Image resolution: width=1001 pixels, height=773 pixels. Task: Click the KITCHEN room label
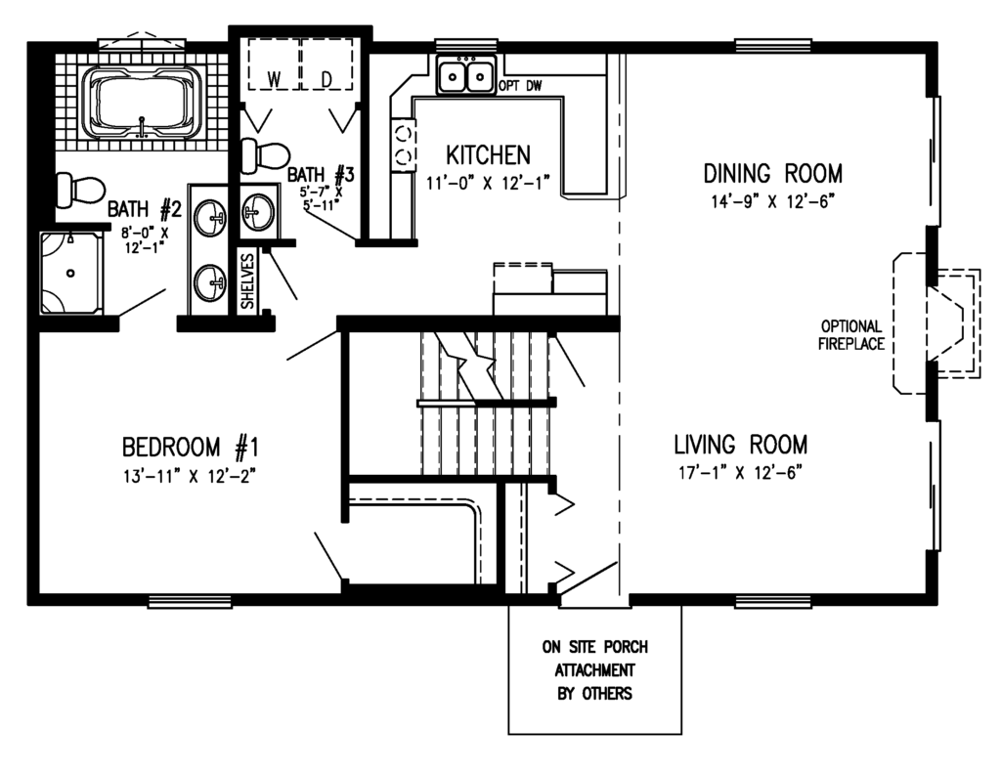[x=488, y=155]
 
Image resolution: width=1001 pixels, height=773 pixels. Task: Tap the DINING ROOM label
[x=772, y=174]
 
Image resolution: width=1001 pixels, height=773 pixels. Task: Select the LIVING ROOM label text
[x=740, y=445]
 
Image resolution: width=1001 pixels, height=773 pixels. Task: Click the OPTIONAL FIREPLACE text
[x=851, y=335]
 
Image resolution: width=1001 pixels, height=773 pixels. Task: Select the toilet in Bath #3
[x=265, y=154]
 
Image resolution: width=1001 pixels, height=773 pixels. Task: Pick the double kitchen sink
[x=465, y=75]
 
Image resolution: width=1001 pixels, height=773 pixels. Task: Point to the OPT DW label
[x=519, y=87]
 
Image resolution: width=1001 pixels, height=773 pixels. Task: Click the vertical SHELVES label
[x=248, y=280]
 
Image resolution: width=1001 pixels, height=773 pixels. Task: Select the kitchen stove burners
[x=402, y=144]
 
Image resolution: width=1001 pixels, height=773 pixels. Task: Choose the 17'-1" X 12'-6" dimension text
[x=740, y=473]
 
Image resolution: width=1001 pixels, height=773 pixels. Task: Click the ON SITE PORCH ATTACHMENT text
[x=594, y=670]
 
